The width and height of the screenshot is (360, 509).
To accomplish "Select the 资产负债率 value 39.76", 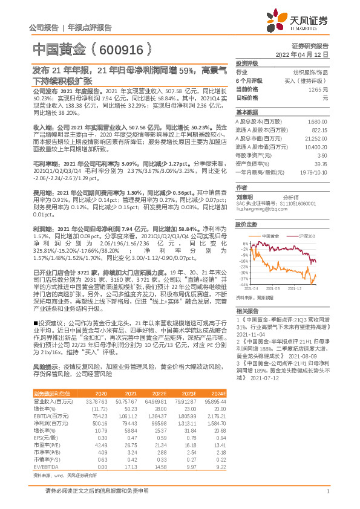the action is coord(321,163).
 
